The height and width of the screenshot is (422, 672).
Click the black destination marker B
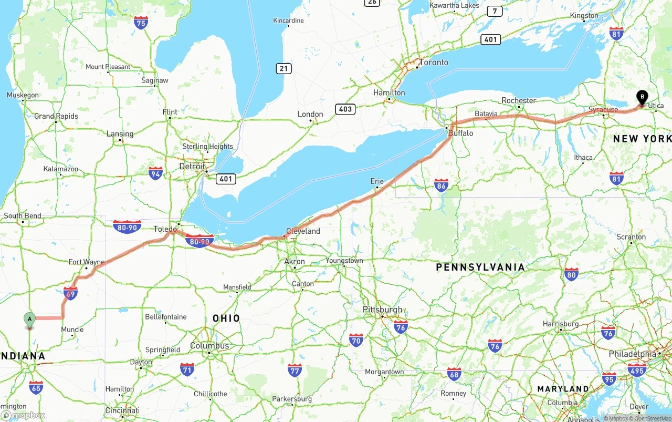coord(642,97)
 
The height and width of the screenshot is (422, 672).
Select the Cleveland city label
coord(303,231)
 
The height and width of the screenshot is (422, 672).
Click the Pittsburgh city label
coord(382,310)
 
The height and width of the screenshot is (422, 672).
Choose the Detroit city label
coord(192,166)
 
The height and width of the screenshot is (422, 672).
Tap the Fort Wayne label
coord(87,262)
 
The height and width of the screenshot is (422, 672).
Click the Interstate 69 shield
coord(71,293)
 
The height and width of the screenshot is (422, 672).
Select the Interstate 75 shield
coord(141,22)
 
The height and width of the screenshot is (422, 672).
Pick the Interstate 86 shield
coord(441,184)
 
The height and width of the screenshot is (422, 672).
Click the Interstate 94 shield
coord(155,173)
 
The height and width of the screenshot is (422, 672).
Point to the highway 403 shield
coord(345,109)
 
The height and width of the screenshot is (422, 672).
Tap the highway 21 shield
coord(283,68)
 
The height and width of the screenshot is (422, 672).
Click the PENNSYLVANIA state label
coord(480,267)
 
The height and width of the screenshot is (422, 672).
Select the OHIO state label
coord(226,318)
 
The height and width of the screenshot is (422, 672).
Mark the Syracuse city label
coord(603,110)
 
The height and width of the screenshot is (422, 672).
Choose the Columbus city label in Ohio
coord(209,346)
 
